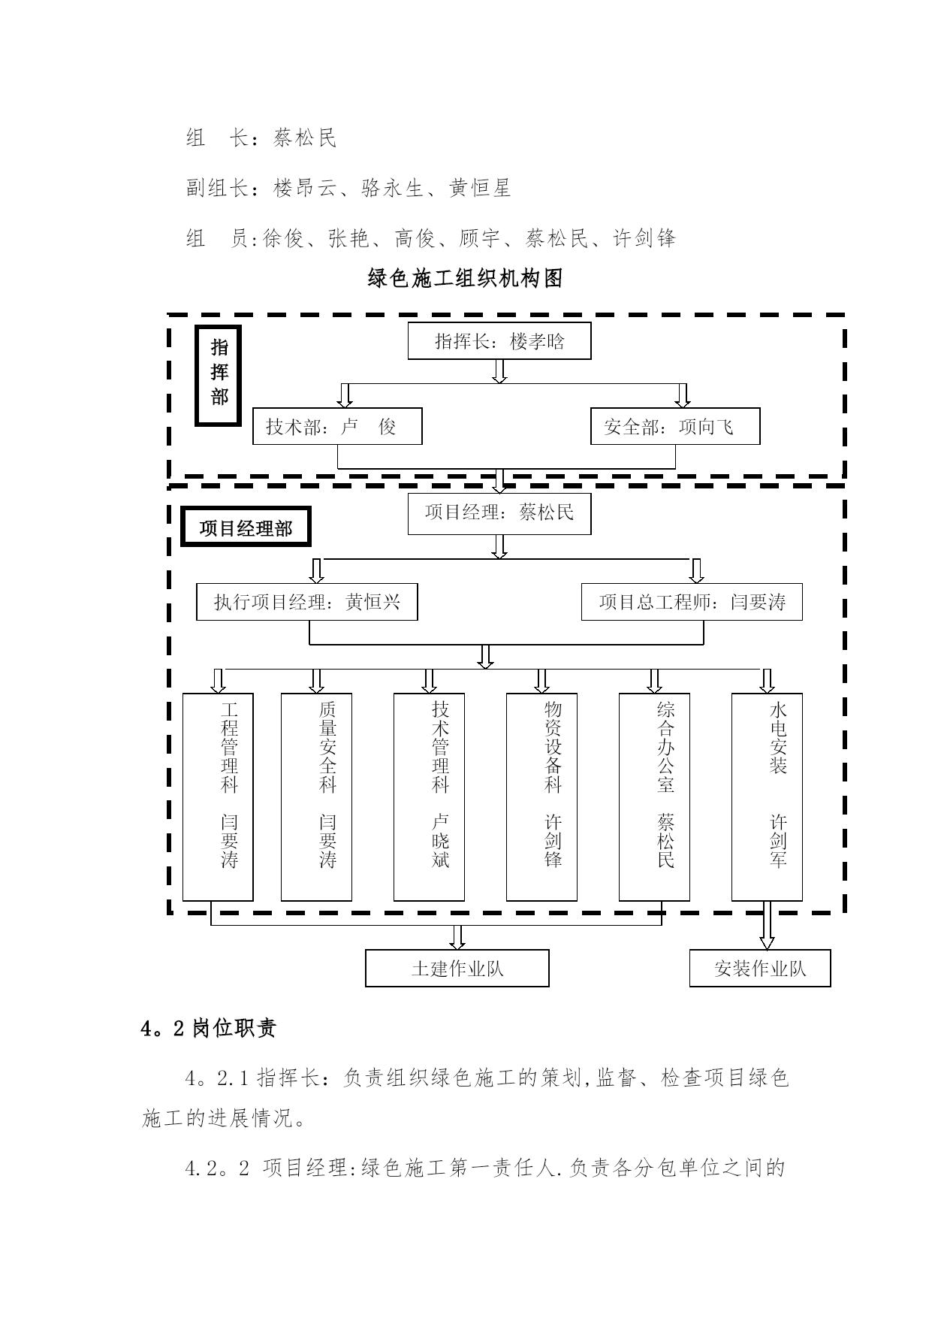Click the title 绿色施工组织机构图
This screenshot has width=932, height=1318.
466,279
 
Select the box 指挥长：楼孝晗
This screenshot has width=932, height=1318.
499,341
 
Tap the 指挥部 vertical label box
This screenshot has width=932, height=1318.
219,376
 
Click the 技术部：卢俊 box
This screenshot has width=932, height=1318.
337,427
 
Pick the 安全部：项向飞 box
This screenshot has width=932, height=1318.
675,427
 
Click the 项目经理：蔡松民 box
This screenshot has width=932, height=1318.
499,514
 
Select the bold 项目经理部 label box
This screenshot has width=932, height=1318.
246,528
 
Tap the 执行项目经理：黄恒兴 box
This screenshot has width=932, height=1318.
307,602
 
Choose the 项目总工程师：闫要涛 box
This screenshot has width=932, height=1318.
692,602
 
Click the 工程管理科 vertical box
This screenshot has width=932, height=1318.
219,797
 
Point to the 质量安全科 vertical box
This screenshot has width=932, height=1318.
316,797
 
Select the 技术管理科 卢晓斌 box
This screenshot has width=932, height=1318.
429,797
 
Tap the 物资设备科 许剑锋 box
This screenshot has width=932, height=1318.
541,797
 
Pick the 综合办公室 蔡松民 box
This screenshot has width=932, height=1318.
654,797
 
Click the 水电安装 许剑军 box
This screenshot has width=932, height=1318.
767,797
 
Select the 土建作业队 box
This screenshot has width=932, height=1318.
457,969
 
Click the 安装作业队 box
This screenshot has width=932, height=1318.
760,969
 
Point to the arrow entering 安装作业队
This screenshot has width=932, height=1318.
767,925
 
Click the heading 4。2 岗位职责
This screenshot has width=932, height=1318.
209,1028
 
